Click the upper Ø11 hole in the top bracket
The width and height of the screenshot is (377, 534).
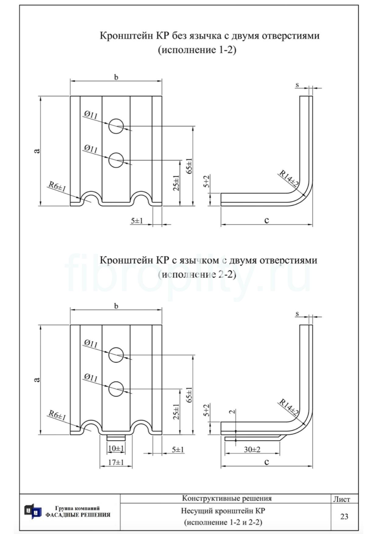coord(116,126)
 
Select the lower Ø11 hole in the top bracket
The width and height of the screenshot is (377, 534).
coord(116,160)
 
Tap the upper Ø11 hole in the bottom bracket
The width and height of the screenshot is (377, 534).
coord(116,355)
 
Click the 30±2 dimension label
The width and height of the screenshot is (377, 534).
coord(252,449)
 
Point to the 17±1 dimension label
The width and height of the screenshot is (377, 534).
coord(116,462)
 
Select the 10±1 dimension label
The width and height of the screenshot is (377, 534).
coord(116,448)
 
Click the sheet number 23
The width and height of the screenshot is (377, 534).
coord(344,516)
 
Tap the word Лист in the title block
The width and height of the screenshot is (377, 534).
coord(342,499)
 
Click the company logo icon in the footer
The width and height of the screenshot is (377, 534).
coord(33,511)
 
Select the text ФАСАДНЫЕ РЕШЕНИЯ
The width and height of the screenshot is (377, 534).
coord(78,515)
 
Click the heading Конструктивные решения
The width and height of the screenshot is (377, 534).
coord(227,498)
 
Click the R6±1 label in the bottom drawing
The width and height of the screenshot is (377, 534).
coord(57,415)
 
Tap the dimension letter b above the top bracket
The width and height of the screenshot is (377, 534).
coord(116,77)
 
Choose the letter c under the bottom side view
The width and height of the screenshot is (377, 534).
coord(267,462)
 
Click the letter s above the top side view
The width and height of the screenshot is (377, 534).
coord(297,85)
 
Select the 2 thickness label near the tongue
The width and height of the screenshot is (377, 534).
coord(232,412)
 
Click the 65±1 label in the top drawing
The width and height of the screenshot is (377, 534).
coord(189,166)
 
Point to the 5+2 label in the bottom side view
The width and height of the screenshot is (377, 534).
coord(207,410)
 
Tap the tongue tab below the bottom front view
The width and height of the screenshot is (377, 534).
coord(116,438)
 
